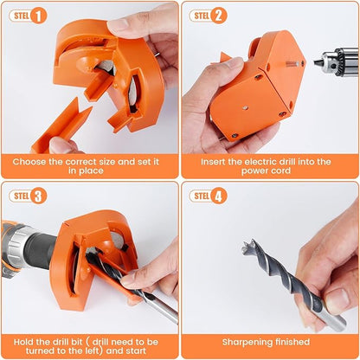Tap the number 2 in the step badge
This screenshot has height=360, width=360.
point(219,15)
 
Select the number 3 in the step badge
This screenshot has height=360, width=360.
point(38,196)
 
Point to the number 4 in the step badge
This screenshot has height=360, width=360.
point(219,196)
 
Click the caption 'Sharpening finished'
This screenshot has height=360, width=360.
point(270,341)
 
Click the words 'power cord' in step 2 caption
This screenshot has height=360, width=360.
point(270,174)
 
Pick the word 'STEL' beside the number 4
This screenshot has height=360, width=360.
point(202,196)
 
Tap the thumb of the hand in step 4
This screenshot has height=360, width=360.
point(333,299)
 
